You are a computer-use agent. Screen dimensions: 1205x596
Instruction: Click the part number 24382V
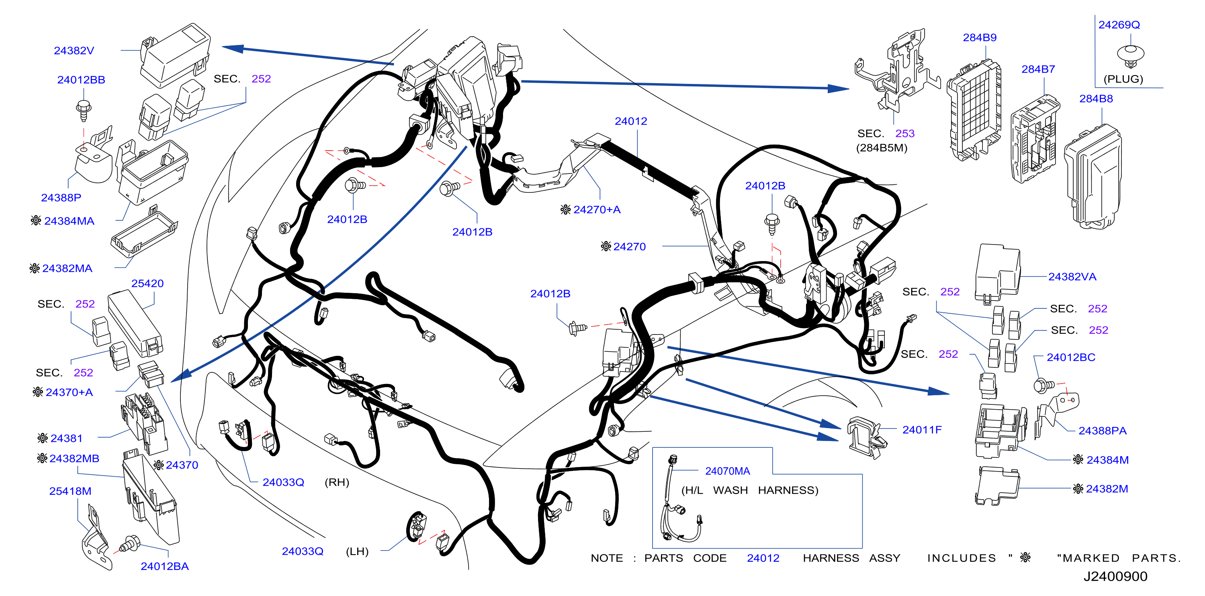74,51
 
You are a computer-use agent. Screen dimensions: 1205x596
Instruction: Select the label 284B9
980,37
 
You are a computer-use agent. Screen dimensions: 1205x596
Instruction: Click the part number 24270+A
597,209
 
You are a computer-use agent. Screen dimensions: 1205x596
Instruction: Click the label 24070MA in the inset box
727,471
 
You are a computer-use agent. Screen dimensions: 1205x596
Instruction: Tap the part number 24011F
921,430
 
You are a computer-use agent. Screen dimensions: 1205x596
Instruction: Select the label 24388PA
1102,431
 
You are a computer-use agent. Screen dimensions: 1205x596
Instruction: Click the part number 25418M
70,491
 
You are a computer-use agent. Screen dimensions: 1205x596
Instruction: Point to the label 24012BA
165,566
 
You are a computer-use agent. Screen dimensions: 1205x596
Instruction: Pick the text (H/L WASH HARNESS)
750,490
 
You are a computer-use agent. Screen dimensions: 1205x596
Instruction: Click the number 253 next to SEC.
905,133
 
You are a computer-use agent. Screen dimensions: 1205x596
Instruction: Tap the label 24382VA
1072,277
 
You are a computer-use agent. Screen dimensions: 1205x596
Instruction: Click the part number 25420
147,283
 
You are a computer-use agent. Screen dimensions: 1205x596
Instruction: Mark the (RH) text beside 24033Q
337,482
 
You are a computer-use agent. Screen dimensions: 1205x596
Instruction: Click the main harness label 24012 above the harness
630,121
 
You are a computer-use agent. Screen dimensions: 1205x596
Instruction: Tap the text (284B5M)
881,148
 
